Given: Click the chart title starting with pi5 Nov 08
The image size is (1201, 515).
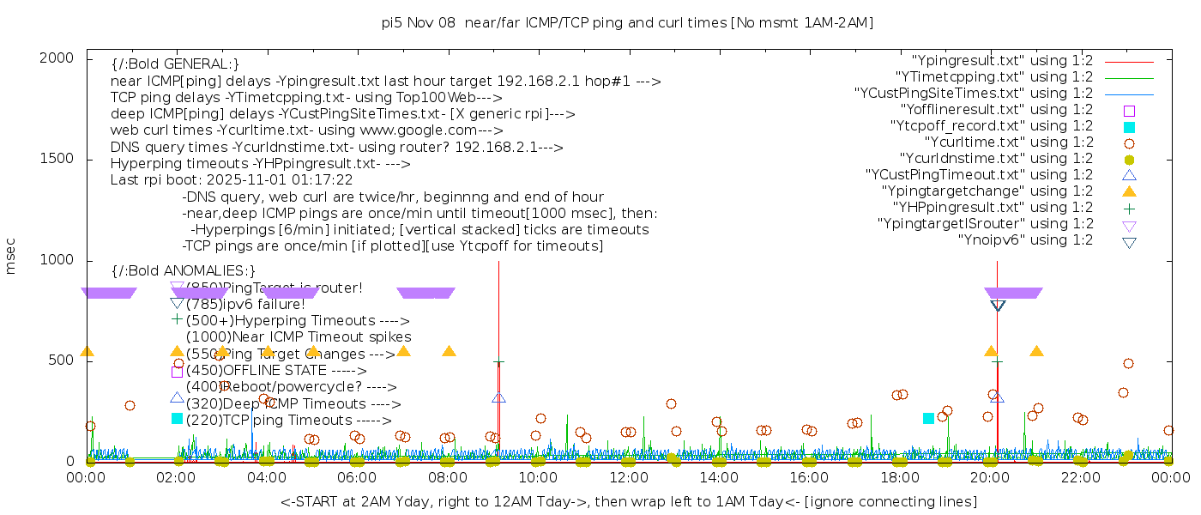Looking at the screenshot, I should coord(627,22).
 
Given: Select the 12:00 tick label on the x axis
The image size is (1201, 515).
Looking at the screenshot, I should coord(629,477).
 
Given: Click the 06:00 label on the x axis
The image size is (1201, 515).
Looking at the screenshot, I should coord(357,477).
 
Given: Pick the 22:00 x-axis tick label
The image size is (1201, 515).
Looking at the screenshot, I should coord(1080,477).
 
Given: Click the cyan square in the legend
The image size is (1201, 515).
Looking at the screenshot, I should coord(1129,127).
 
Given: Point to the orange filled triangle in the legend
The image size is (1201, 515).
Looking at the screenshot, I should coord(1129,191).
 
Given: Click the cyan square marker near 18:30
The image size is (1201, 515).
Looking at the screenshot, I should coord(928,418).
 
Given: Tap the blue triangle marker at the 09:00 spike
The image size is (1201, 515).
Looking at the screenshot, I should coord(498,397).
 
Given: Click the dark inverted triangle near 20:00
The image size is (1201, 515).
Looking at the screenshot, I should coord(998,306).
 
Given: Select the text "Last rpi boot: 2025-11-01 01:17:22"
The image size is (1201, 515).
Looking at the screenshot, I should coord(232,180).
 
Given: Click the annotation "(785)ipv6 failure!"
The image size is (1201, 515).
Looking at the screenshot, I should coord(244,304).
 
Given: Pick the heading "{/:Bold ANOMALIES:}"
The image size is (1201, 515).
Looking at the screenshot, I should coord(184,271).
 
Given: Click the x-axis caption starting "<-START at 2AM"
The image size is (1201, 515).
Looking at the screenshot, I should coord(628,501).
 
